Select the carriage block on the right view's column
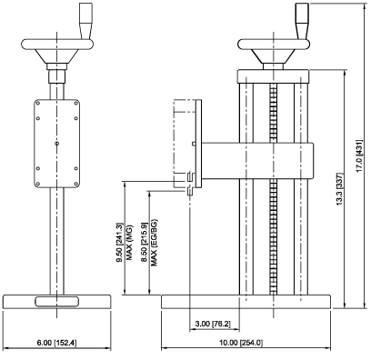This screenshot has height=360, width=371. [255, 159]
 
